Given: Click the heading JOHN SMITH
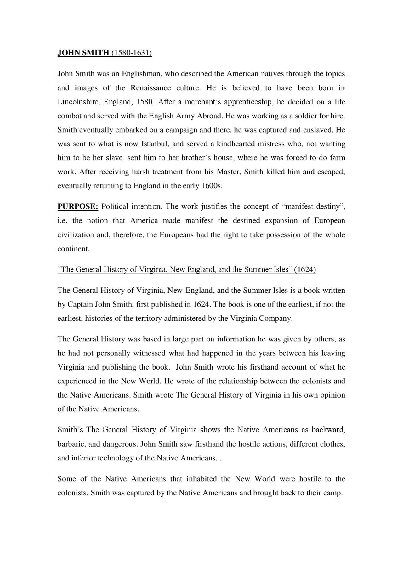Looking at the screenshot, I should pos(83,53).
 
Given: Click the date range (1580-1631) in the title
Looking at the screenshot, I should pos(131,53).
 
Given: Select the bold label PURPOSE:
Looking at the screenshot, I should pos(78,207).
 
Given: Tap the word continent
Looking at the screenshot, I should pos(73,249).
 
